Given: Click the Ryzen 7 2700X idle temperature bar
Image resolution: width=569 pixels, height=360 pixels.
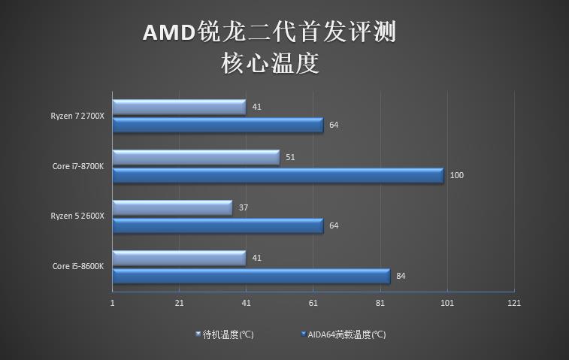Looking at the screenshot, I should tap(179, 107).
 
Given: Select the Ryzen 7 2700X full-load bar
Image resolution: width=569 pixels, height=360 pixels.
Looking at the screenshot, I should tap(217, 125).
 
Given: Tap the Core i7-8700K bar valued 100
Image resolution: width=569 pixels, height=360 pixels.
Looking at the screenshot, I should tap(277, 175).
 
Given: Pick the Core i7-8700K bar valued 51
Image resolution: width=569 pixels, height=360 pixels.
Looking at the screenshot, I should tap(195, 157).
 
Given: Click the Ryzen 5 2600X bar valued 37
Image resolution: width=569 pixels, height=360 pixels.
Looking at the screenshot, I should tap(172, 207).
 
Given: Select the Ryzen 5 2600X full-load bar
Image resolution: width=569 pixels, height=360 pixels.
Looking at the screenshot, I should tap(217, 225).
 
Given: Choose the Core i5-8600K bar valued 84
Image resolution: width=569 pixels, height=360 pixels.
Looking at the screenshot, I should tap(251, 276).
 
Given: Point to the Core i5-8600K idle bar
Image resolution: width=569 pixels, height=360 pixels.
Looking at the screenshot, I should tap(179, 258).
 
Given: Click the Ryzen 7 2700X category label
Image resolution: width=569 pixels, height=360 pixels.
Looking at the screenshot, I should tap(77, 116).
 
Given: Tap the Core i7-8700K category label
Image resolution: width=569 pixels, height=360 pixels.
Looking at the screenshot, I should tap(78, 166).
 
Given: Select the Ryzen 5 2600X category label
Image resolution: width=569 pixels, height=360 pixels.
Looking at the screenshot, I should tap(77, 216).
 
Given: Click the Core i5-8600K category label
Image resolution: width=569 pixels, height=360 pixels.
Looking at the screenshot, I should tap(78, 266).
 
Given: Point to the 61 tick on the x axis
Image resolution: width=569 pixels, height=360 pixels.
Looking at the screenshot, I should tap(313, 303).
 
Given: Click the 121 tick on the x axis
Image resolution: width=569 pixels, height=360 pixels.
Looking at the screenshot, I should tap(514, 303).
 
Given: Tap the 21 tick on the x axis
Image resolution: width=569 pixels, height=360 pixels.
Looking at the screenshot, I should tap(179, 303).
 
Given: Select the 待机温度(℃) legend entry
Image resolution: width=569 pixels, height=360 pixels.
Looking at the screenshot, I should tap(225, 334).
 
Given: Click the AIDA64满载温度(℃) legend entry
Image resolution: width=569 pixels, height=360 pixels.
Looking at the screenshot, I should tap(344, 334).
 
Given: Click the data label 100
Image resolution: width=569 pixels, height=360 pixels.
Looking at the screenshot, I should tap(456, 175).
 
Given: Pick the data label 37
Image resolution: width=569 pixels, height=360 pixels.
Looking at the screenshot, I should tap(243, 207).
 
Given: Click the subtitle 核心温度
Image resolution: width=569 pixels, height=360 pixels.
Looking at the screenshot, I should tap(271, 63).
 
